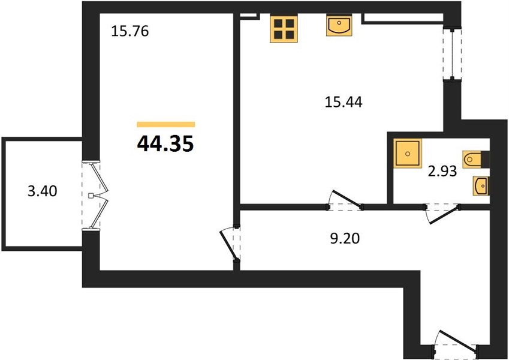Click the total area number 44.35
click(165, 144)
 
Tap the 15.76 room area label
click(130, 32)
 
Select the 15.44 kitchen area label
click(344, 103)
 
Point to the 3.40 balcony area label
click(43, 191)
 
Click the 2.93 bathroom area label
click(442, 171)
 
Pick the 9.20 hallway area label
click(345, 239)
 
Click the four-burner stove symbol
click(284, 29)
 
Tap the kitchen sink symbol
click(339, 25)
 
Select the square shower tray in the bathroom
click(408, 154)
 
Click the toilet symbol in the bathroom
click(472, 160)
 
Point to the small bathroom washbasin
click(481, 186)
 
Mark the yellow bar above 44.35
click(166, 124)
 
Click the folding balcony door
click(95, 195)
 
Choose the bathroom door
click(442, 213)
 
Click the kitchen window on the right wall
click(453, 54)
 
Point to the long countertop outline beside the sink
click(403, 19)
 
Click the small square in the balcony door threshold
click(91, 195)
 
